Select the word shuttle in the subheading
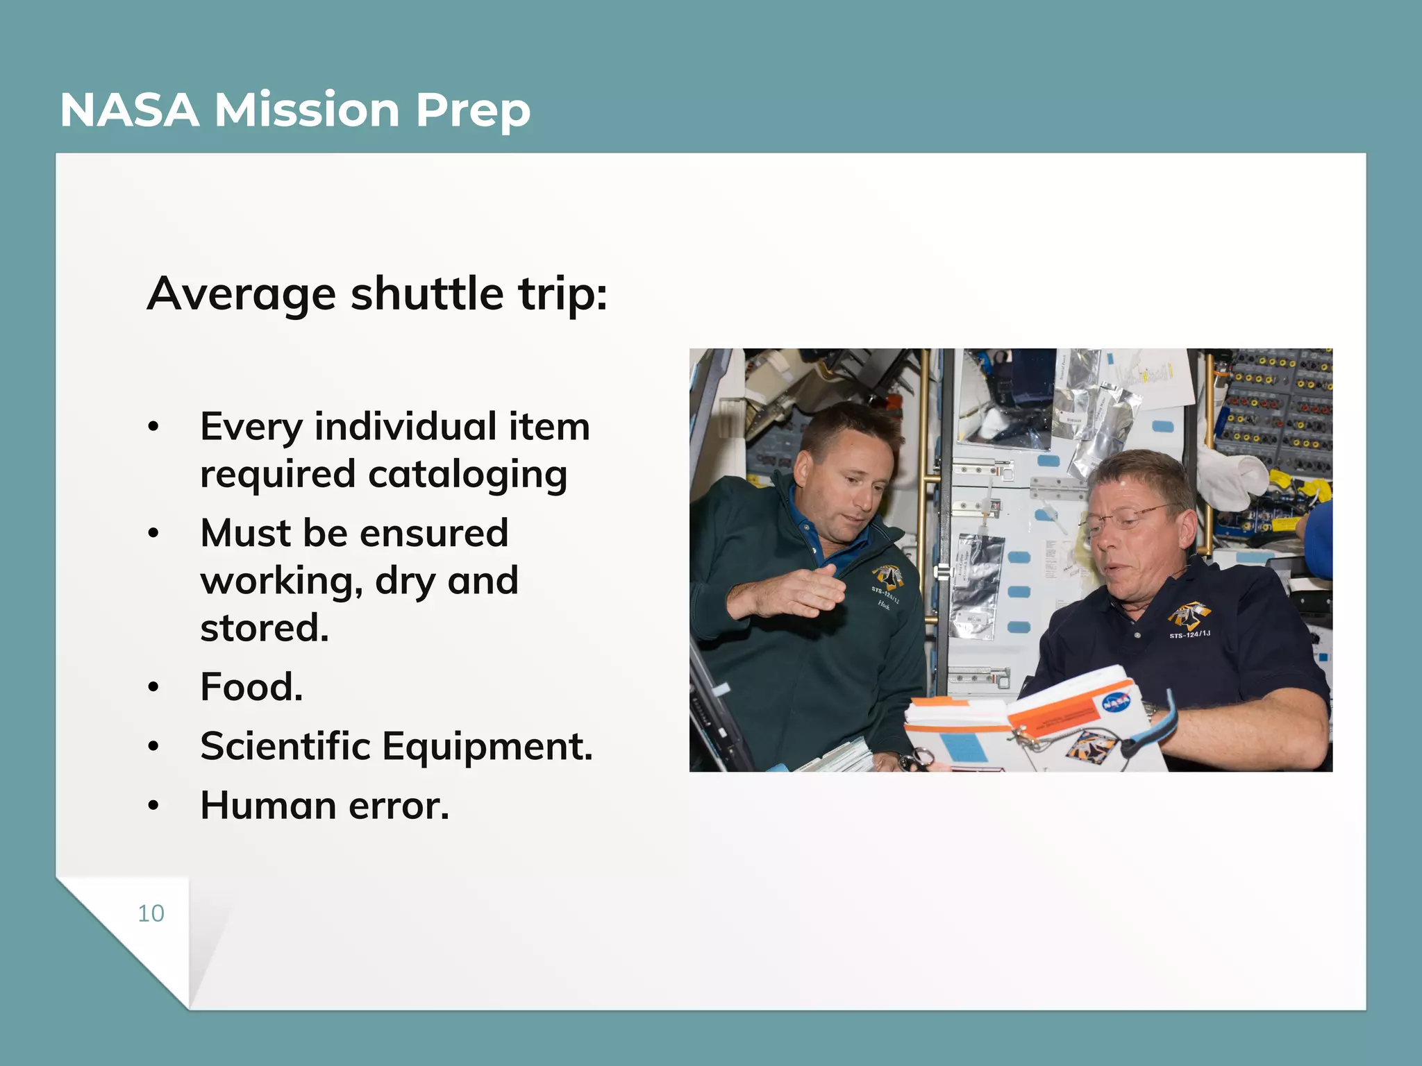427,294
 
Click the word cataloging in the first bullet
467,475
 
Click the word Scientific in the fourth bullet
285,746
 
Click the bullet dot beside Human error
153,806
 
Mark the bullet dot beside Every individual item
153,426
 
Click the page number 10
151,913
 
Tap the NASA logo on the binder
1116,702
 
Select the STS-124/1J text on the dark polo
1190,634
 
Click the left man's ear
803,469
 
